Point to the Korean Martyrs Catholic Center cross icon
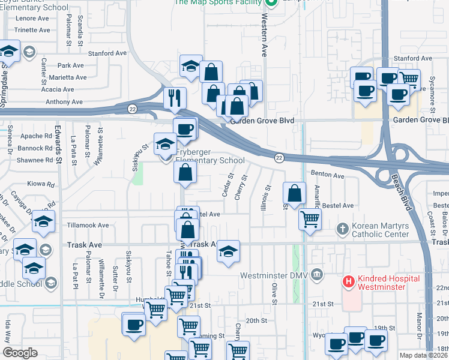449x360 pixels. click(x=342, y=229)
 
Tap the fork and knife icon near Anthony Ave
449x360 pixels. click(x=175, y=98)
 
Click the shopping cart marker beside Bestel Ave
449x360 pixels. click(x=310, y=219)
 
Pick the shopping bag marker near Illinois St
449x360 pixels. click(x=294, y=193)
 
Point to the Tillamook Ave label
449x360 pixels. click(x=88, y=225)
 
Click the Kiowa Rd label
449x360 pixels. click(x=41, y=184)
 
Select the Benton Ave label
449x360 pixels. click(x=327, y=176)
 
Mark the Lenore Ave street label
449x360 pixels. click(x=32, y=19)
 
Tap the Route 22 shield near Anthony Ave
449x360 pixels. click(x=131, y=109)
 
